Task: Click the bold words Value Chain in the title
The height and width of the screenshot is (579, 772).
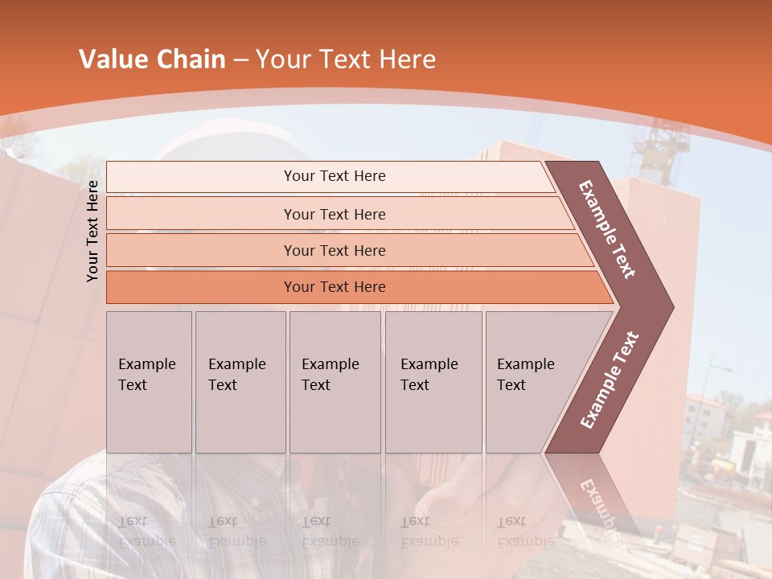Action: coord(152,60)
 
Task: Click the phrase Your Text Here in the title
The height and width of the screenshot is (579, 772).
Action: coord(346,60)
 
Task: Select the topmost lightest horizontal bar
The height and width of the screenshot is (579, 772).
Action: coord(334,176)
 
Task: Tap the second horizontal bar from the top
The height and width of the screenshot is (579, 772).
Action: coord(334,214)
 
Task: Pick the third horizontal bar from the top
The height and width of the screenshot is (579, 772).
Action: coord(334,250)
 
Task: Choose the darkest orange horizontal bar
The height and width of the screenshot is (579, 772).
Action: coord(334,287)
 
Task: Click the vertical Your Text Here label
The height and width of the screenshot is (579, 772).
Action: coord(92,231)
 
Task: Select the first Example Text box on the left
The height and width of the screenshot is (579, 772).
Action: coord(149,382)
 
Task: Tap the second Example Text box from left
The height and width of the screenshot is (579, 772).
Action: coord(240,382)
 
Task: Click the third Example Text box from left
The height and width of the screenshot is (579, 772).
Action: coord(335,382)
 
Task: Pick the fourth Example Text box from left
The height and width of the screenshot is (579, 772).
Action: coord(433,382)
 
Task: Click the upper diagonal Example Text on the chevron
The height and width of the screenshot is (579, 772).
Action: coord(607,229)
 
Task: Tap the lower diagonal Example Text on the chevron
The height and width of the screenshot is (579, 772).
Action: coord(609,380)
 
